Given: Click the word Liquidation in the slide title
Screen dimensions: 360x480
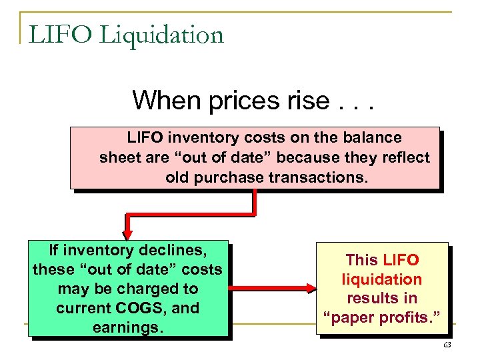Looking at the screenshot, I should point(162,35).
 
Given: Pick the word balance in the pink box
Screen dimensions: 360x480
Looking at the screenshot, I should point(375,138).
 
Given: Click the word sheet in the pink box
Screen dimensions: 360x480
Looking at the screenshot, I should point(118,158).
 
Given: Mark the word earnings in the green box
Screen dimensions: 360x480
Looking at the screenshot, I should point(128,327).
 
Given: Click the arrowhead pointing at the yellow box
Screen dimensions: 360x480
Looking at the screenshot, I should point(311,289).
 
